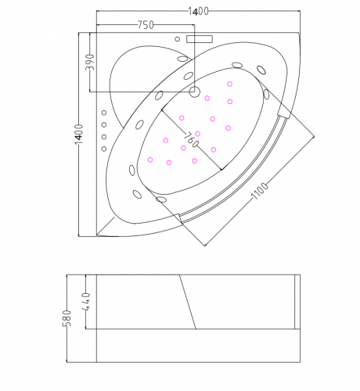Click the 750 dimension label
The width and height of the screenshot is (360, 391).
click(146, 25)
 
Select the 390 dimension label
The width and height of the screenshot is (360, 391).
click(90, 63)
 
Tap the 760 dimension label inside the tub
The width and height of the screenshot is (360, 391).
click(191, 140)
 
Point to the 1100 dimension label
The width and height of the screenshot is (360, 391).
click(259, 191)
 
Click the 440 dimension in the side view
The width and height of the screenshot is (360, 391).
click(86, 302)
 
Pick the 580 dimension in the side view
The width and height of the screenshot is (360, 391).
click(67, 318)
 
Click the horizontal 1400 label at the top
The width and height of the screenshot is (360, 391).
click(199, 12)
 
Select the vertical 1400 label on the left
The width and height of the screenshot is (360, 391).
click(79, 134)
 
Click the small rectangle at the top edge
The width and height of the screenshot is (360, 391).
click(200, 39)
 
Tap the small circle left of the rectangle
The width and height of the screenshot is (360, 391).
click(178, 39)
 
